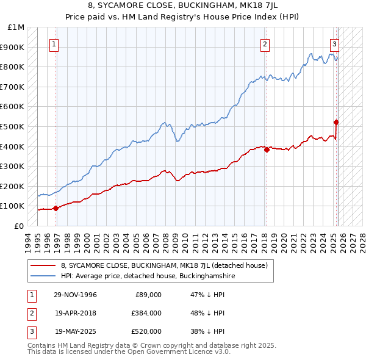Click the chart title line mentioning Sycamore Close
coord(182,5)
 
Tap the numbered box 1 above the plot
coord(54,44)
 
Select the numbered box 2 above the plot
coord(265,44)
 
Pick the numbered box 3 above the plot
coord(335,44)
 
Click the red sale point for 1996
coord(56,208)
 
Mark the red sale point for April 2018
coord(267,149)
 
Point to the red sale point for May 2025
coord(336,123)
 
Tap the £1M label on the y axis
coord(16,27)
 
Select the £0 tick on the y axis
coord(20,226)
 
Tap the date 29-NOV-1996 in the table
coord(76,295)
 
